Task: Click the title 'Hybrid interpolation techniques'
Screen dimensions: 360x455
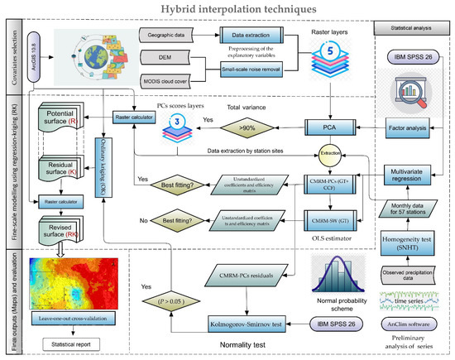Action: pyautogui.click(x=227, y=10)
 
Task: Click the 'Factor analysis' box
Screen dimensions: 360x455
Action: pyautogui.click(x=408, y=129)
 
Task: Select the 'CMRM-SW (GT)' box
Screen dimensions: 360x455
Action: pyautogui.click(x=328, y=222)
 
